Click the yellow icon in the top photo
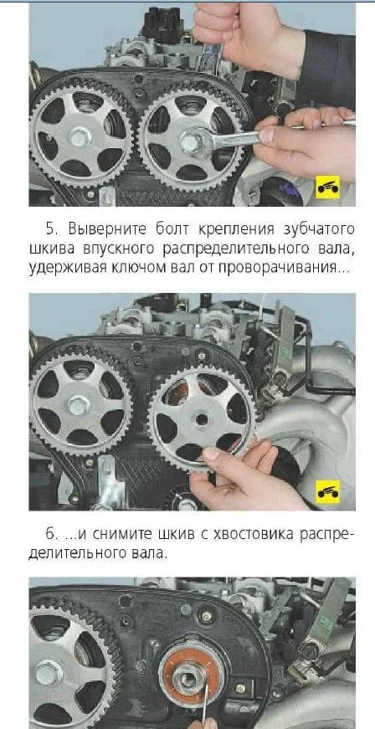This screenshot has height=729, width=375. click(x=327, y=187)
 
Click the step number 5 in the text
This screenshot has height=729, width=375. click(x=52, y=229)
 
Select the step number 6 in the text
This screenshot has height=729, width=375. click(x=52, y=534)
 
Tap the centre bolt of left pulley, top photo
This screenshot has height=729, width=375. click(x=80, y=136)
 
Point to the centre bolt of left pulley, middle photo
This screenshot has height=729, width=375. click(x=79, y=405)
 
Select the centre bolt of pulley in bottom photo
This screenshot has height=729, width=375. click(x=49, y=672)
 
